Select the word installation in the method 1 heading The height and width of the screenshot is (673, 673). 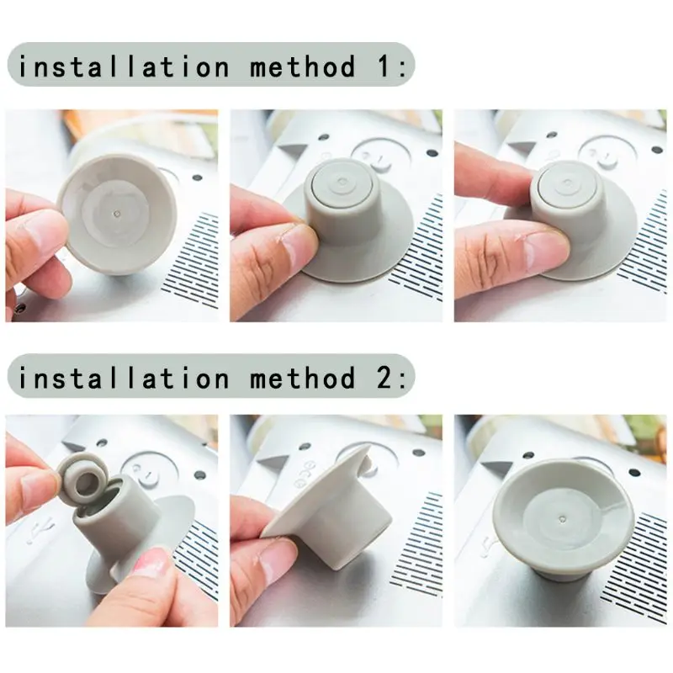(x=123, y=66)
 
